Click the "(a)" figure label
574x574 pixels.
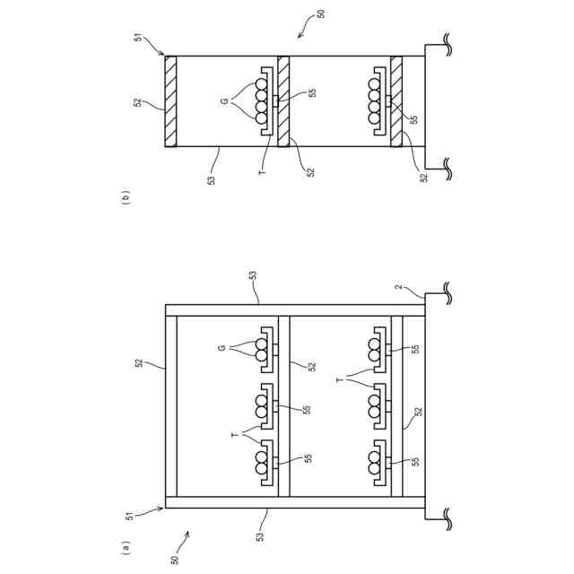click(x=126, y=544)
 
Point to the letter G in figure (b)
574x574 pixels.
click(x=224, y=101)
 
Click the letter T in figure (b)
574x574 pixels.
click(x=262, y=169)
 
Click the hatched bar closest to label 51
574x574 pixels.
click(x=171, y=101)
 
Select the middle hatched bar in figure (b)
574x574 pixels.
click(x=283, y=101)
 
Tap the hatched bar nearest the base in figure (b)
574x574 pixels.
click(x=396, y=101)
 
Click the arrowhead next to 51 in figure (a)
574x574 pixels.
click(x=161, y=507)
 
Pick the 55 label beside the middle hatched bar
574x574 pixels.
click(x=311, y=92)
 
